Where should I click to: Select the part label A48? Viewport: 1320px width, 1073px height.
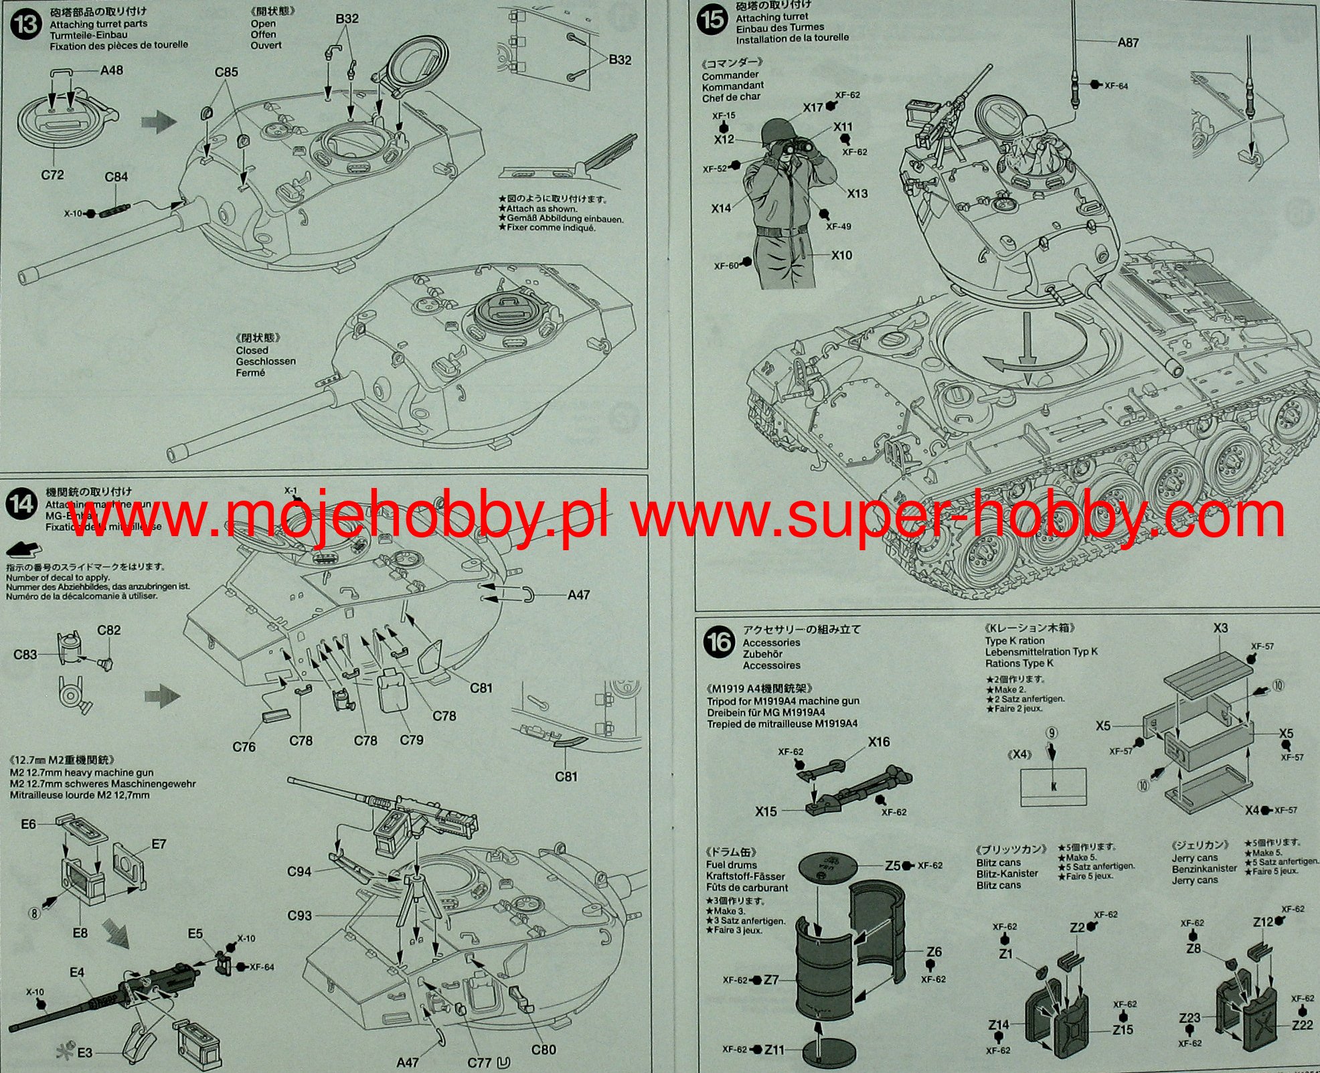[111, 70]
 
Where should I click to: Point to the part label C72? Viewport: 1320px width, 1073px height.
[52, 175]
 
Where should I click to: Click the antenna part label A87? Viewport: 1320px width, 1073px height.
[1128, 43]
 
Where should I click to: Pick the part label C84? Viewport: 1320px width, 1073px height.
[116, 177]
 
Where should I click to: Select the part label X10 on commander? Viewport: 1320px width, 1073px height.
[842, 255]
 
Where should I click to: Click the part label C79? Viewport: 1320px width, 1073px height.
[412, 740]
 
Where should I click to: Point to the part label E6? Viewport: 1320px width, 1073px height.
[28, 824]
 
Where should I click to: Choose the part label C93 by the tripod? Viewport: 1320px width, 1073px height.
[299, 915]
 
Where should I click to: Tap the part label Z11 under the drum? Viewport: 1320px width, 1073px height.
[774, 1050]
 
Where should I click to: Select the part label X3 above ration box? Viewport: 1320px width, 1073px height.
[1220, 628]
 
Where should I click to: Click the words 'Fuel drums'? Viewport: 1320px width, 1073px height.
[732, 865]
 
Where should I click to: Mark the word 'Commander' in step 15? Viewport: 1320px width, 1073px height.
[730, 75]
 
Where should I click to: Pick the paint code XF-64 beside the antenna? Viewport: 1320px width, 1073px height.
[1116, 86]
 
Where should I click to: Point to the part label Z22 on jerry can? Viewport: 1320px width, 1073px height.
[1302, 1025]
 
